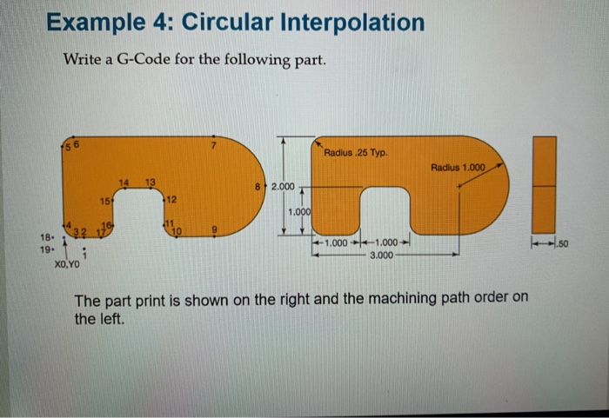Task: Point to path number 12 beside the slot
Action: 172,200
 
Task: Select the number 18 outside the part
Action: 45,237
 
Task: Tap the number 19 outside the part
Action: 45,249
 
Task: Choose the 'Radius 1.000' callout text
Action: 458,166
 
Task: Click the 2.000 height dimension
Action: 284,187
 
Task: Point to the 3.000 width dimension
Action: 383,255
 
